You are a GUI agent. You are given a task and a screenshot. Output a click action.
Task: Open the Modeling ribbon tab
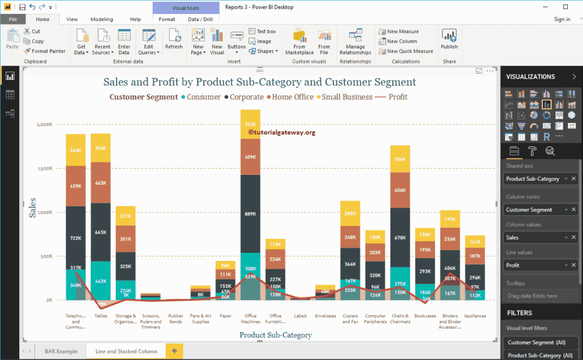102,19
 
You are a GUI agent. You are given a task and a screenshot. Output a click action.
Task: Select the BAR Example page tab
61,351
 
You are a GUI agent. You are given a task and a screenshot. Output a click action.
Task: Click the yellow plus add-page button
174,351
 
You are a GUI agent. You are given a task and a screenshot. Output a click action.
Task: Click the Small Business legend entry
346,97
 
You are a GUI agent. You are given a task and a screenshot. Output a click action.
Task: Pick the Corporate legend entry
246,97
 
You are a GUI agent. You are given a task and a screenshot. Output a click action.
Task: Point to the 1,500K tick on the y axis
44,168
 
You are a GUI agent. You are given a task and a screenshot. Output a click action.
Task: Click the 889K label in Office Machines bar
250,214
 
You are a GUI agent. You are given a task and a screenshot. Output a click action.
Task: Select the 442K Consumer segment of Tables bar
100,281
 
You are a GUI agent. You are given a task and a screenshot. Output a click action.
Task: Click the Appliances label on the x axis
475,316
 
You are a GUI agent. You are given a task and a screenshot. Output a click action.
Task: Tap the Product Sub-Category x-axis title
275,335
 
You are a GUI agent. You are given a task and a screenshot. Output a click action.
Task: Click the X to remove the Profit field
574,265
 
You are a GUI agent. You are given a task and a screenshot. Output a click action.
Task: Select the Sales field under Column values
532,238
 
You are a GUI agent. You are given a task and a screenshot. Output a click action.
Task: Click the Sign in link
562,19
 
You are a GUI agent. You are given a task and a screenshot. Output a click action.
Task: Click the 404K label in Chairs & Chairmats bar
401,190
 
